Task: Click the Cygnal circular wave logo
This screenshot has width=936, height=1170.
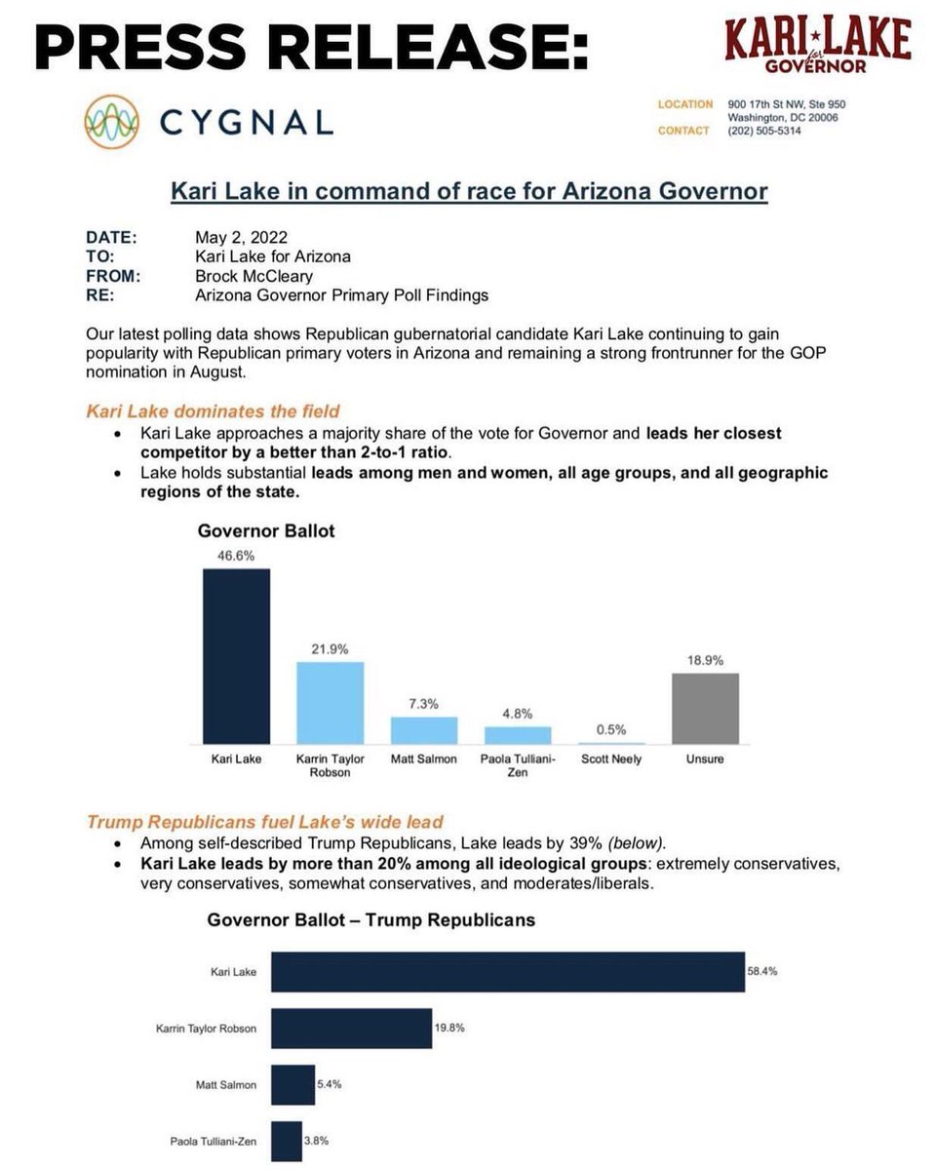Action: pyautogui.click(x=111, y=122)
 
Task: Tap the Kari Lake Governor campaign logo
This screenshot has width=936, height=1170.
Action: pyautogui.click(x=817, y=47)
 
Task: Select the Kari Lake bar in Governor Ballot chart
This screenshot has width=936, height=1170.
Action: pyautogui.click(x=236, y=656)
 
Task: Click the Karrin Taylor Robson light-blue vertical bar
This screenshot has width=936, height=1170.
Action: pyautogui.click(x=330, y=703)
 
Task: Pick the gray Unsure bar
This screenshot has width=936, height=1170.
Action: pyautogui.click(x=705, y=709)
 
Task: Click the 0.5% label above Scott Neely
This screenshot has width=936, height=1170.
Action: pyautogui.click(x=610, y=729)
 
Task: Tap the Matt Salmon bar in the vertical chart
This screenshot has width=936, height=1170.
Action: pyautogui.click(x=424, y=730)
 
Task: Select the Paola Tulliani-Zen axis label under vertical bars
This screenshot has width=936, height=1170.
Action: pyautogui.click(x=518, y=765)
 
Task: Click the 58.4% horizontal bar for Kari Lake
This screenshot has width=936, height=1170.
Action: pyautogui.click(x=507, y=972)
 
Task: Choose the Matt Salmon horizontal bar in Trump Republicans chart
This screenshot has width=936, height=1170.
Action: pyautogui.click(x=292, y=1084)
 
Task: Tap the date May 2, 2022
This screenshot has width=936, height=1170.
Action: pyautogui.click(x=241, y=237)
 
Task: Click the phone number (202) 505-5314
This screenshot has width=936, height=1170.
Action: pyautogui.click(x=764, y=131)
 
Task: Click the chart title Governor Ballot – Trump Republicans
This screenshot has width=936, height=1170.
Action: pyautogui.click(x=370, y=919)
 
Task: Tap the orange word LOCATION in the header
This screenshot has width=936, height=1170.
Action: pyautogui.click(x=685, y=103)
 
